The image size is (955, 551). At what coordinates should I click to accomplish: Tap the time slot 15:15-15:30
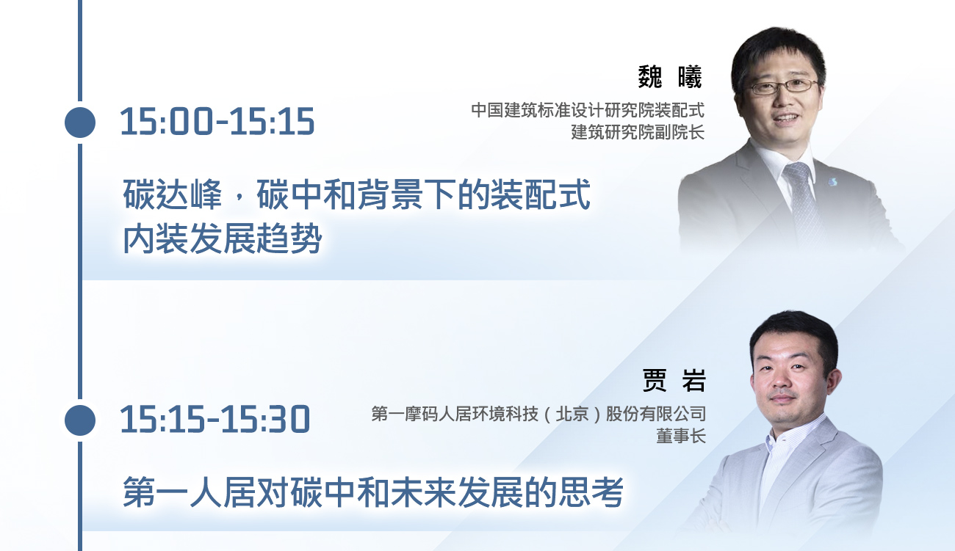[215, 420]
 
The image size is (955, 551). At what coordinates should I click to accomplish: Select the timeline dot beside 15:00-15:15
[80, 123]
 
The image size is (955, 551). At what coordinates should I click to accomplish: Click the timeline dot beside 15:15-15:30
[80, 420]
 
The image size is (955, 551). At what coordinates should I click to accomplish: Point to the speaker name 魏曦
[670, 77]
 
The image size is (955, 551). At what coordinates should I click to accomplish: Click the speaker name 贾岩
[674, 380]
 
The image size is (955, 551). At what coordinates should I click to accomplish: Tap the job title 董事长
[681, 436]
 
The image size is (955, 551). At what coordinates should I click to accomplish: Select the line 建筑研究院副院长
[638, 132]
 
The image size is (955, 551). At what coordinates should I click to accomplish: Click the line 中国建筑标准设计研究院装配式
[588, 110]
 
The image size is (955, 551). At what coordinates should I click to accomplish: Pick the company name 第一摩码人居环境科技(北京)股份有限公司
[538, 414]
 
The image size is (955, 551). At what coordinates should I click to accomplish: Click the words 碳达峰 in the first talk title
[173, 194]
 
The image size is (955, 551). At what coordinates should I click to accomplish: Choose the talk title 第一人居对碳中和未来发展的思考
[373, 492]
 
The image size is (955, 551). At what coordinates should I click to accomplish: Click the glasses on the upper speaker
[782, 87]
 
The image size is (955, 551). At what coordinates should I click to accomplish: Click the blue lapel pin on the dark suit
[833, 182]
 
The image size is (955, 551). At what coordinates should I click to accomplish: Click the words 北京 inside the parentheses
[572, 414]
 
